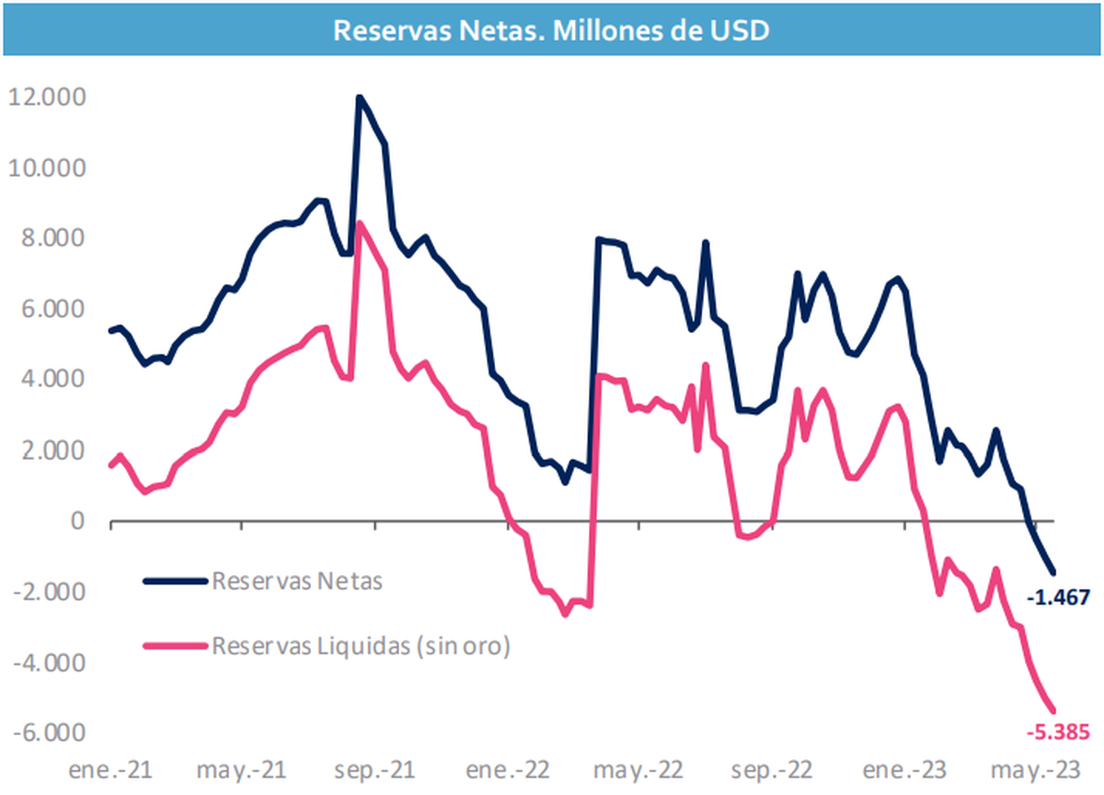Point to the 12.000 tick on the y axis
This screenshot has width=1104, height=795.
point(46,98)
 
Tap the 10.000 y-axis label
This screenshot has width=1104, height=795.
point(46,168)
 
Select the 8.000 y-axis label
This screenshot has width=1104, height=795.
point(52,239)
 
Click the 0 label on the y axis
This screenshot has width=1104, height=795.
point(76,522)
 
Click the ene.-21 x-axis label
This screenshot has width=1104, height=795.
point(110,769)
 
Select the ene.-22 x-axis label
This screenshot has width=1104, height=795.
point(508,769)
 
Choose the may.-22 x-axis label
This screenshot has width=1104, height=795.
point(640,769)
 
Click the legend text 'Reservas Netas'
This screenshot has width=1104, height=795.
point(296,581)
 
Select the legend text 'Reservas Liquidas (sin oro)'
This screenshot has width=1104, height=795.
point(361,646)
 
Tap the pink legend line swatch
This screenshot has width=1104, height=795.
point(176,646)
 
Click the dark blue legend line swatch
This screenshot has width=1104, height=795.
point(176,581)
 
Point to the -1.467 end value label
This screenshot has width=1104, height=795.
point(1058,598)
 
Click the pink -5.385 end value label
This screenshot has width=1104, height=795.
point(1058,732)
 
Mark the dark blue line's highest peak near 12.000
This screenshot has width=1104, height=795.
point(359,97)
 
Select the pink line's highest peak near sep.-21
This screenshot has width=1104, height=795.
point(360,223)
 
